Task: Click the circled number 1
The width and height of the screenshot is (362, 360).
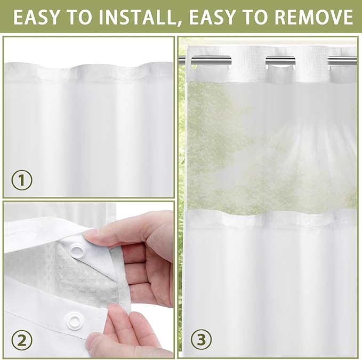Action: click(x=21, y=180)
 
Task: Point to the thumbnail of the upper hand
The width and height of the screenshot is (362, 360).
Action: click(x=91, y=233)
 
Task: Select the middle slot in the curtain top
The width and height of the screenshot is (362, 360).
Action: click(x=281, y=60)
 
